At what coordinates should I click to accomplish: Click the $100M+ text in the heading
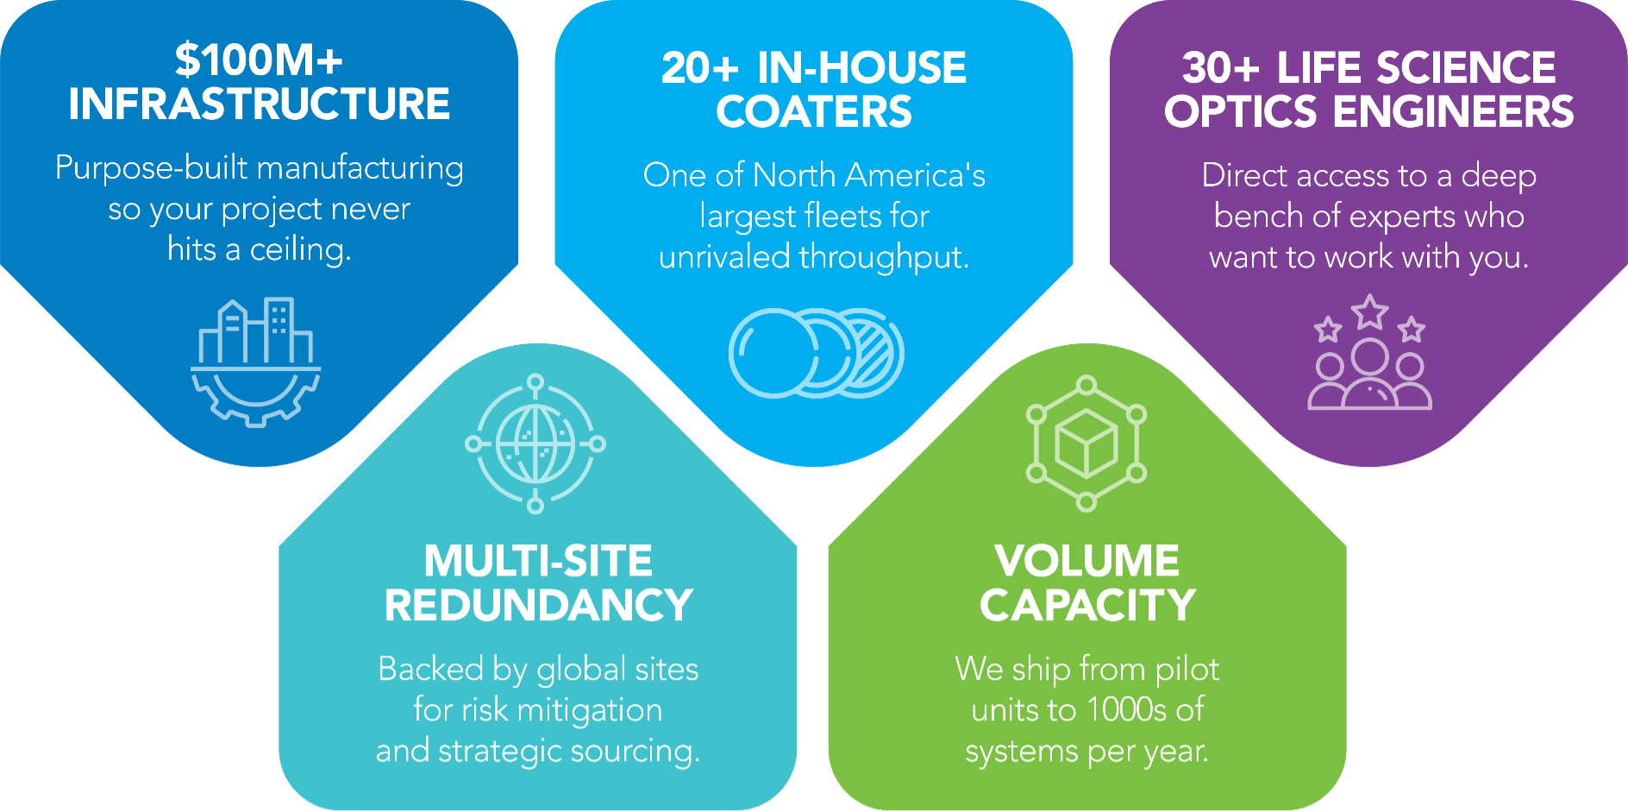[x=259, y=60]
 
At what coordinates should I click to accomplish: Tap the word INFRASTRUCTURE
[x=259, y=104]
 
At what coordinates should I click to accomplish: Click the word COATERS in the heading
[x=814, y=112]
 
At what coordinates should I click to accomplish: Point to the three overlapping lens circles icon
[x=816, y=353]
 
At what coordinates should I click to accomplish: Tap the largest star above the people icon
[x=1369, y=311]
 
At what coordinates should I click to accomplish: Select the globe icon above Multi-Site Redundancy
[x=535, y=444]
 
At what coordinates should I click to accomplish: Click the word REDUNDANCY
[x=538, y=606]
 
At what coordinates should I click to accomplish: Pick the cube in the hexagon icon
[x=1086, y=443]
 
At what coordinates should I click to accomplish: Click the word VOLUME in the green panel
[x=1086, y=562]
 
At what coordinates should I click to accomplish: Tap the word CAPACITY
[x=1087, y=606]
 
